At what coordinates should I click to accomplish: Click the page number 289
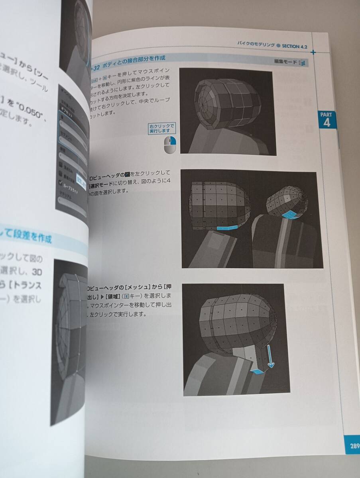coord(354,446)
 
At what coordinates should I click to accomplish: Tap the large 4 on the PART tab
coord(327,122)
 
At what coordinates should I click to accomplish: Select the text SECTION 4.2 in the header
coord(295,46)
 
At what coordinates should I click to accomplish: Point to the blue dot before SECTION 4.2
coord(278,45)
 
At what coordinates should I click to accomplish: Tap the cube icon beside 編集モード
coord(303,63)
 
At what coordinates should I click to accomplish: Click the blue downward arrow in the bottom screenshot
coord(270,357)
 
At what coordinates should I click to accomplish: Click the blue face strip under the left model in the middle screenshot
coord(226,227)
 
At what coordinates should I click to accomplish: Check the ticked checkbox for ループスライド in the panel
coord(60,183)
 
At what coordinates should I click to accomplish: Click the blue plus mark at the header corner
coord(313,52)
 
